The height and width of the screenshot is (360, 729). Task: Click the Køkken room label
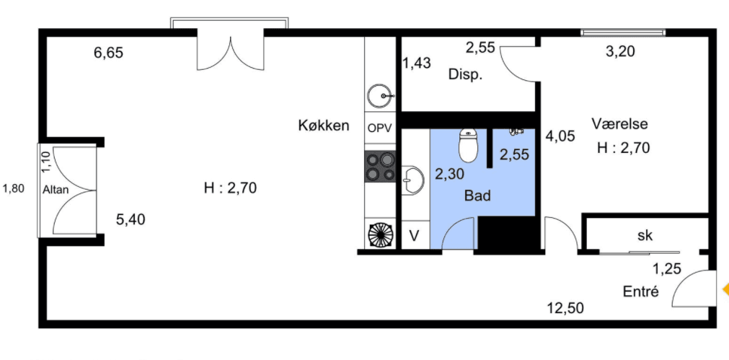(324, 126)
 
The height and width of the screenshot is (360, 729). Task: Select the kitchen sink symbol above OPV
(379, 95)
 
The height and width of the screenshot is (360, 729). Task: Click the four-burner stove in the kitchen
(379, 167)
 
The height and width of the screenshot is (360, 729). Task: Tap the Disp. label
(465, 74)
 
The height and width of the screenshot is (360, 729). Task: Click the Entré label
(641, 292)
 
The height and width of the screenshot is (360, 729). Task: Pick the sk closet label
(645, 235)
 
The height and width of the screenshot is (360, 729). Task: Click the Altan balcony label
(56, 190)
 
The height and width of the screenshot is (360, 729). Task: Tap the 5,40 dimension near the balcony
(131, 220)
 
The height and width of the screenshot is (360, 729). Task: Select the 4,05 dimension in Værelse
(560, 135)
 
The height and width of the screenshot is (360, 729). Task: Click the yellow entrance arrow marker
(724, 290)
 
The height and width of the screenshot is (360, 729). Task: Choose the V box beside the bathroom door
(414, 235)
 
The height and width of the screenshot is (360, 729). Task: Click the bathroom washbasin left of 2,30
(412, 180)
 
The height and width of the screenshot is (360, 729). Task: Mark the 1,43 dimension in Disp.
(416, 63)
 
